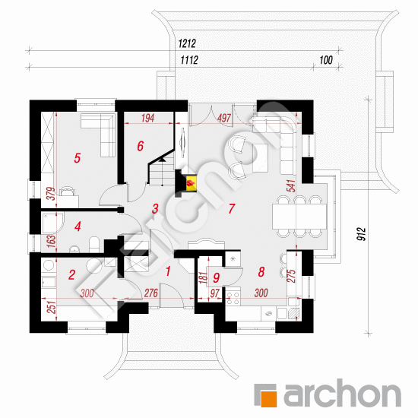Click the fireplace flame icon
point(191,183)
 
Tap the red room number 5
point(77,158)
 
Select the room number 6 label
point(141,146)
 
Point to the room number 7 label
point(231,208)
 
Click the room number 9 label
point(216,277)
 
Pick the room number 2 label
point(71,275)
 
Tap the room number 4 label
point(78,226)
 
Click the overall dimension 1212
point(187,43)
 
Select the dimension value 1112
point(189,60)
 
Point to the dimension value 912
point(362,234)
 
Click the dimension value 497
point(224,118)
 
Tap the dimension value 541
point(291,185)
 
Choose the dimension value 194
point(147,118)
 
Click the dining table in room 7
point(299,217)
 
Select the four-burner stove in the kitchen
point(233,298)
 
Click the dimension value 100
point(326,60)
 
